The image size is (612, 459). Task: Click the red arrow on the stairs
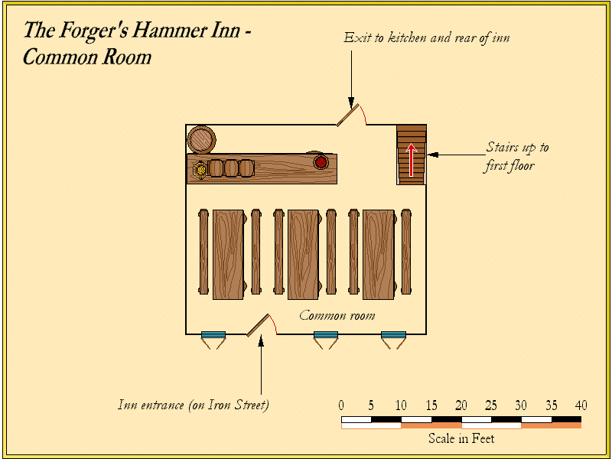click(x=412, y=159)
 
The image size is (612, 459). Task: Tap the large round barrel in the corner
click(x=201, y=139)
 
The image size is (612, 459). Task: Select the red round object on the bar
click(x=321, y=162)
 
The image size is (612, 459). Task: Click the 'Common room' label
click(x=337, y=315)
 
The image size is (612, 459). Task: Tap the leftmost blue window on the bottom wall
click(x=213, y=335)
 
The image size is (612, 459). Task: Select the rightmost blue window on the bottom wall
click(x=393, y=335)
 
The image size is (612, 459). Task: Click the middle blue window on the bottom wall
click(x=326, y=335)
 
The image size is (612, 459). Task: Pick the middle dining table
click(x=303, y=254)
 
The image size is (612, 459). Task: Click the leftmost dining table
click(x=228, y=254)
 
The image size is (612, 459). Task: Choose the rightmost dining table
click(x=379, y=254)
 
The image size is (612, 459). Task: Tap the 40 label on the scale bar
click(x=581, y=405)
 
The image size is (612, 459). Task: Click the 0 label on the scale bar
click(x=341, y=405)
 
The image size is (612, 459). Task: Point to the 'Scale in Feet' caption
click(x=461, y=438)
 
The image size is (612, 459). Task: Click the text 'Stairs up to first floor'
click(x=516, y=156)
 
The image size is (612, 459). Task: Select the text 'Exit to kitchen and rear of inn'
click(x=426, y=37)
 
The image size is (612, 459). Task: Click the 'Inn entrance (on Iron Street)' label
click(x=194, y=405)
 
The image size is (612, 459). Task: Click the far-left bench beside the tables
click(x=203, y=252)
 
